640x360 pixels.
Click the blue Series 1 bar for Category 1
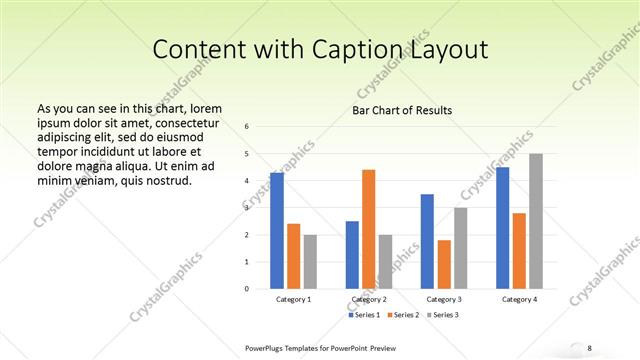tap(277, 231)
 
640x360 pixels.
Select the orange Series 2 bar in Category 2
tap(368, 229)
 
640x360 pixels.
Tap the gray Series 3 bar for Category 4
tap(536, 221)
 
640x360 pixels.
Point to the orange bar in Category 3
tap(444, 264)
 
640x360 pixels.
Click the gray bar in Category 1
tap(310, 262)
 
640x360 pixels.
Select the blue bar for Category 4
tap(502, 228)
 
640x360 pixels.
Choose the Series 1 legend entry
tap(365, 315)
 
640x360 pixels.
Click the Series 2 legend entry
tap(403, 315)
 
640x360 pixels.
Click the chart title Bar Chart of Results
tap(402, 110)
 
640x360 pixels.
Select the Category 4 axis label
tap(519, 300)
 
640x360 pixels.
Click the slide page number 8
tap(590, 347)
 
